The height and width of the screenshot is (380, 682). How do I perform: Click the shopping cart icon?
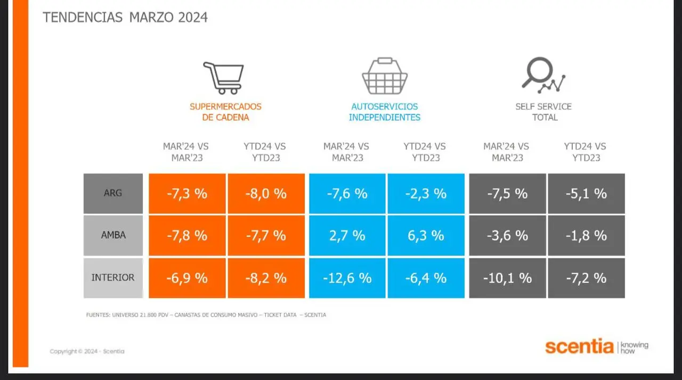coord(224,78)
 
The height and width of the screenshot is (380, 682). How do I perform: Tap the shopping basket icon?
coord(385,76)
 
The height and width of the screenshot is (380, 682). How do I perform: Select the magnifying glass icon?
coord(543,75)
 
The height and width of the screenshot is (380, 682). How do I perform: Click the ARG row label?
coord(113,193)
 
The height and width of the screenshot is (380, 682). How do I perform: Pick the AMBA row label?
coord(113,235)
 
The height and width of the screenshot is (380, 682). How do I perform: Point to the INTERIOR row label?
coord(113,278)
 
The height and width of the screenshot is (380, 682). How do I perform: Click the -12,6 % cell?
coord(347,278)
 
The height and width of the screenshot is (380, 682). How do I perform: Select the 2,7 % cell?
coord(347,235)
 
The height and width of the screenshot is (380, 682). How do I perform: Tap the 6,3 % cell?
coord(426,235)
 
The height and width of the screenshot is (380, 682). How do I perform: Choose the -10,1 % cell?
coord(507,278)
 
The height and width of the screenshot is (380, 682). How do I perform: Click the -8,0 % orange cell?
coord(266,193)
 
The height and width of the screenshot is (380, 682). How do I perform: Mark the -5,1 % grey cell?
coord(587,193)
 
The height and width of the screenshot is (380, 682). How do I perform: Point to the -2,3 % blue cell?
coord(426,193)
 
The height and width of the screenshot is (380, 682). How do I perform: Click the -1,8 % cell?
coord(587,235)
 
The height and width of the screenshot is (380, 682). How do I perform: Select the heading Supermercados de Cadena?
coord(225,112)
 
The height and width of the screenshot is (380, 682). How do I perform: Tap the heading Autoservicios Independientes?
coord(385,112)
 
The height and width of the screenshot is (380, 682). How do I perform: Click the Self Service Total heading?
coord(544,112)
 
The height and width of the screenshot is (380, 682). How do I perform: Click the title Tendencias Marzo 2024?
coord(125,18)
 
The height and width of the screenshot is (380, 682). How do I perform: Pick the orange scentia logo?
coord(579,346)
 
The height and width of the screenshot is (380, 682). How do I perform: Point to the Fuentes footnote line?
coord(206,315)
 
